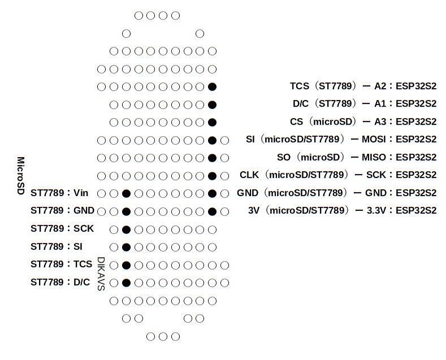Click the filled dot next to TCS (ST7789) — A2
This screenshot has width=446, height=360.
(212, 86)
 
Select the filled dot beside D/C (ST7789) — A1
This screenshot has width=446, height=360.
(212, 105)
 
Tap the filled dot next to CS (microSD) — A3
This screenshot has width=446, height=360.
(212, 123)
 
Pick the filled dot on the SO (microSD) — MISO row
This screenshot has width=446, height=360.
(212, 158)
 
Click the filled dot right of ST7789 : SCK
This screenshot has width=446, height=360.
(126, 230)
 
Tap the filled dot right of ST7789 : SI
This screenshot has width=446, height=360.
(126, 248)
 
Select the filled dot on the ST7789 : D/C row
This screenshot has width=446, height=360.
(126, 283)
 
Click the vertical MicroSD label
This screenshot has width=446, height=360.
(21, 175)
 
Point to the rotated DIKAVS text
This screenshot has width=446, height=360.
(101, 274)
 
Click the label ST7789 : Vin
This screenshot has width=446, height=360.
(59, 193)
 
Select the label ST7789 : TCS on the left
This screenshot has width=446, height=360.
(61, 264)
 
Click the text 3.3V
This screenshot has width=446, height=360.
(376, 210)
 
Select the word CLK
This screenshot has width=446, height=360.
(249, 175)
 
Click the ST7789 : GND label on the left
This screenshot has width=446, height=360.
(62, 210)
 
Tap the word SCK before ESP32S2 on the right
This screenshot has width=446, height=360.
(376, 175)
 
